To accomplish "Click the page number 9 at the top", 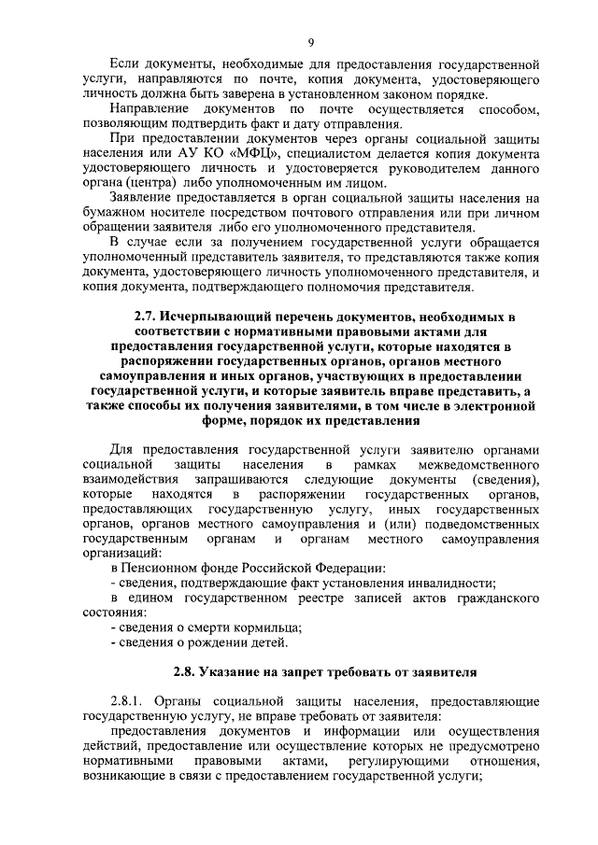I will coord(310,40).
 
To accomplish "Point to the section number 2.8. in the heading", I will coord(193,670).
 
